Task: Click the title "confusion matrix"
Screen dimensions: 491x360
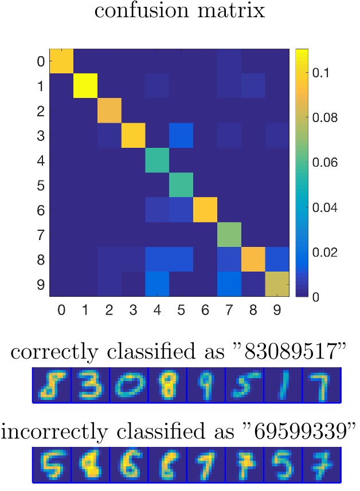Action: click(179, 11)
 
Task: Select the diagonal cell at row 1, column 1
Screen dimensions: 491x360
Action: click(85, 86)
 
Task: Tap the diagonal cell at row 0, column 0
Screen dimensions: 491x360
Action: click(61, 61)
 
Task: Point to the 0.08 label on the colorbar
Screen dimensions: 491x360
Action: click(327, 118)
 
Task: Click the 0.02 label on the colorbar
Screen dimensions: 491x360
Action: click(327, 252)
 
